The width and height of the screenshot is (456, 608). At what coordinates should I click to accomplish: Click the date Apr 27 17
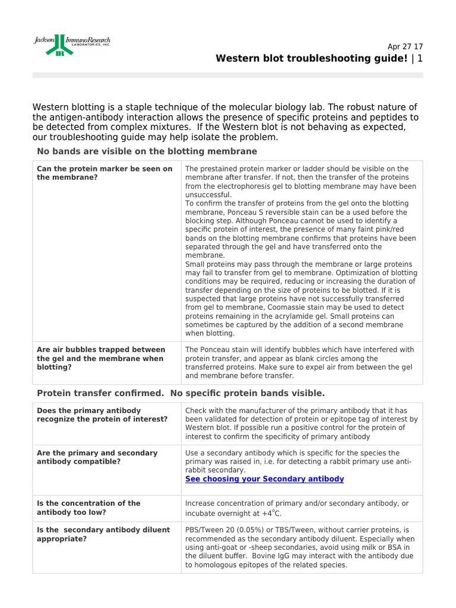pos(405,47)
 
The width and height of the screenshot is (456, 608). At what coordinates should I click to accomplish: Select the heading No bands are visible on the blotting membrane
pos(147,151)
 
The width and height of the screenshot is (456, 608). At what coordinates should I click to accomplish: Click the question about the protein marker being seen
pos(104,173)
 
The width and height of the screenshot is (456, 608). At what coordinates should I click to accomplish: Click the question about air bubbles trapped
pos(101,359)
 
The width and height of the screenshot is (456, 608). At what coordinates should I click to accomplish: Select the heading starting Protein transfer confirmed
pos(180,393)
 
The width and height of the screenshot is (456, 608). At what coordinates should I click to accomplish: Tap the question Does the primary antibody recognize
pos(102,414)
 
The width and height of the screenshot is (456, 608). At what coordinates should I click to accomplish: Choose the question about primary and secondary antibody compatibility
pos(97,457)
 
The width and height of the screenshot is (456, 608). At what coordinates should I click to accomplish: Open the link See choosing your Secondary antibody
pos(264,479)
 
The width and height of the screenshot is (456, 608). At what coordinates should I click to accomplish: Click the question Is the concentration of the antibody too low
pos(89,508)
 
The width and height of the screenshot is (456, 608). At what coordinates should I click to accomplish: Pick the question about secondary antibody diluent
pos(103,534)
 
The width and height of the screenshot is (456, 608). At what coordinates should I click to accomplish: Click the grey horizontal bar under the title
pos(227,75)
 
